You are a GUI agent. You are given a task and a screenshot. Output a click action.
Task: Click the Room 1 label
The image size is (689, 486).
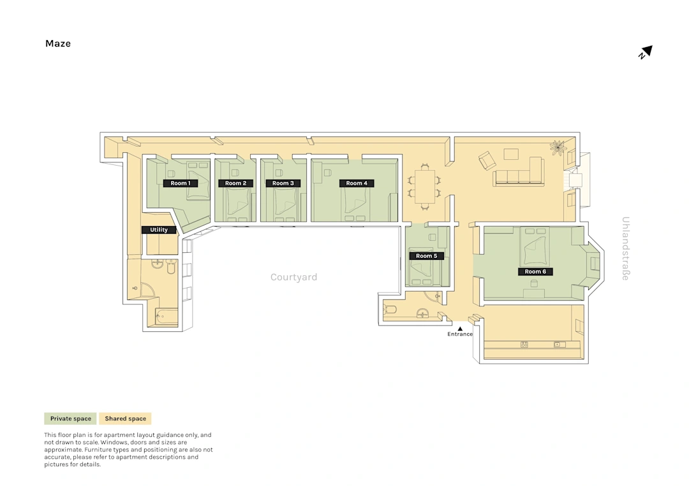click(181, 183)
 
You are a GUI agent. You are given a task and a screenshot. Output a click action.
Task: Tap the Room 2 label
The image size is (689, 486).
click(235, 183)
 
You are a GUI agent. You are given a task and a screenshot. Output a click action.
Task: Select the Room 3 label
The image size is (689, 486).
click(283, 183)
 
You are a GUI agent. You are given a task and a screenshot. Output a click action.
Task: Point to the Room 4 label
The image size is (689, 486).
click(357, 183)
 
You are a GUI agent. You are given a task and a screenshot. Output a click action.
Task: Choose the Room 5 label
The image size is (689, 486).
click(427, 255)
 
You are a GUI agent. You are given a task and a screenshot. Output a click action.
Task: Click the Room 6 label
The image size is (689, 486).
click(535, 271)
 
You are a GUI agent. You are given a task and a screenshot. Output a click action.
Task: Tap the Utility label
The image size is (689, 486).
click(159, 230)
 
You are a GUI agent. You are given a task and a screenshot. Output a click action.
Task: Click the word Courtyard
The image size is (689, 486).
click(293, 277)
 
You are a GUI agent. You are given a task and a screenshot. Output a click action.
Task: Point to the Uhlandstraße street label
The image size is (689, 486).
click(626, 248)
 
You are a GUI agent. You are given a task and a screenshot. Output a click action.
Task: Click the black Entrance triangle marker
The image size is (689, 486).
click(460, 329)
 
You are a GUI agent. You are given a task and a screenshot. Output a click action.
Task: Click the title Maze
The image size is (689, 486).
click(58, 43)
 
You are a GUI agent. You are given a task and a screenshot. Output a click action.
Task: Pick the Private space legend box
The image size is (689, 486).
click(70, 418)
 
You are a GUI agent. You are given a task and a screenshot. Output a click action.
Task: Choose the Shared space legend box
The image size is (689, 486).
click(125, 418)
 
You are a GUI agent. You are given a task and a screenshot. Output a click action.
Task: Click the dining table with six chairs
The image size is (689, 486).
click(424, 187)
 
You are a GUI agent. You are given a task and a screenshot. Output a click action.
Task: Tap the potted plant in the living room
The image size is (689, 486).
click(558, 147)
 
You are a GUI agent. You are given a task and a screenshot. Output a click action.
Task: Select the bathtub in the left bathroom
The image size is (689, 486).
click(167, 317)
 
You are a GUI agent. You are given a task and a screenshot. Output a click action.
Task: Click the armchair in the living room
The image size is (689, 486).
click(487, 161)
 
